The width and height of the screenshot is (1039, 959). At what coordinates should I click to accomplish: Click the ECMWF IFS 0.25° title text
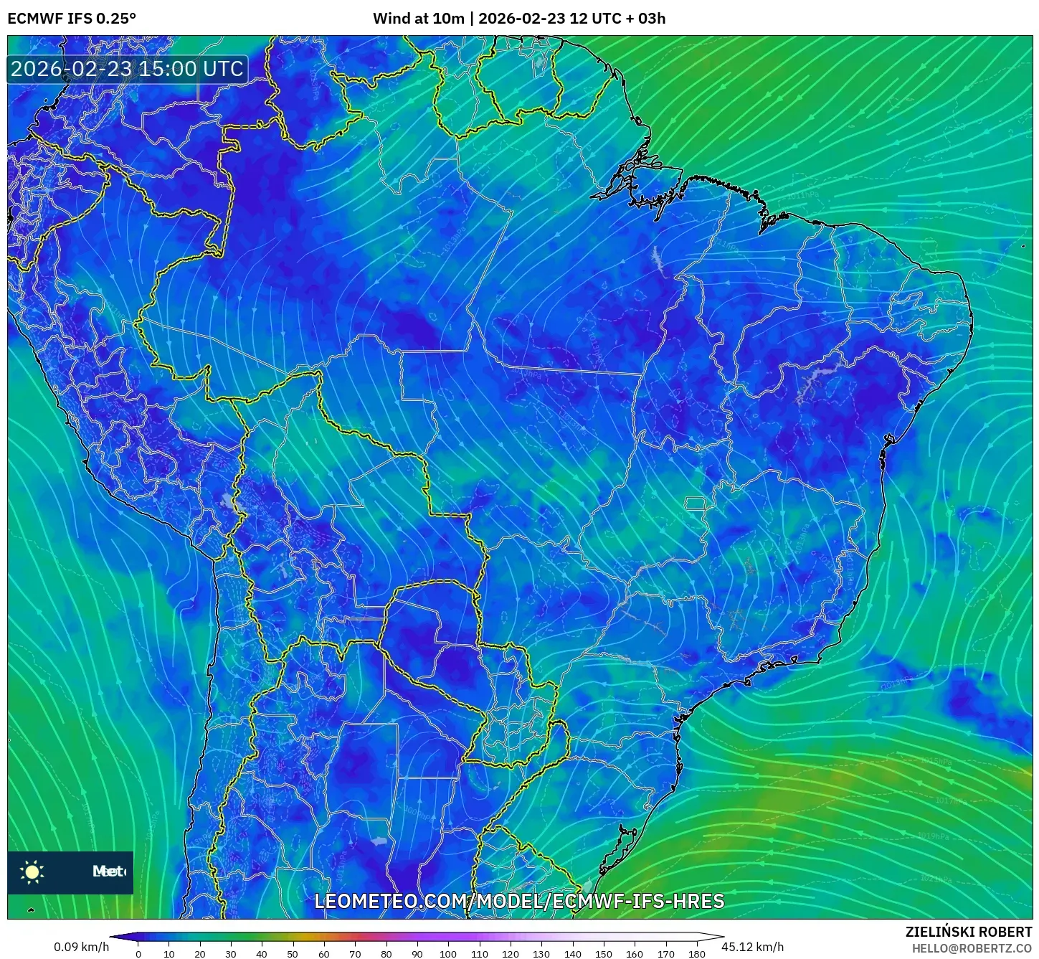pos(71,19)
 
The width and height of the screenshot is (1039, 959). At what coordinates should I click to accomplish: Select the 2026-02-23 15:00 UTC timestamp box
pos(127,69)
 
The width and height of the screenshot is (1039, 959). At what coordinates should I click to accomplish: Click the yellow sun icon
pos(32,871)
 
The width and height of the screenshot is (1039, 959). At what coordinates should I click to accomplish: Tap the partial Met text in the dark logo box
pos(108,871)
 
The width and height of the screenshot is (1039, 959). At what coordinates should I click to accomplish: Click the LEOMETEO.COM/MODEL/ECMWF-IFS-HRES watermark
pos(519,901)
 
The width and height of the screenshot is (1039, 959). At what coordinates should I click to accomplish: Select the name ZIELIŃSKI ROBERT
pos(968,932)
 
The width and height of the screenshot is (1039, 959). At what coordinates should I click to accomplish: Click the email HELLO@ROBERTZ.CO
pos(972,948)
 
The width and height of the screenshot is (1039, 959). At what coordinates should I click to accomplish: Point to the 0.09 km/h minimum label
pos(81,947)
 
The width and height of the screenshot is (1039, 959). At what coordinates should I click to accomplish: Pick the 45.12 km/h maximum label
pos(752,947)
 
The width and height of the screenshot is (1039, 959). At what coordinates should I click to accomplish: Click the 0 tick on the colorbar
pos(138,954)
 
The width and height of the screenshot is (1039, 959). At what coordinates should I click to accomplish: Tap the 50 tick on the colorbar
pos(293,954)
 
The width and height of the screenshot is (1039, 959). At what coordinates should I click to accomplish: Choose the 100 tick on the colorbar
pos(447,954)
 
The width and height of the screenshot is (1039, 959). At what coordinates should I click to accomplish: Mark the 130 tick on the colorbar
pos(541,954)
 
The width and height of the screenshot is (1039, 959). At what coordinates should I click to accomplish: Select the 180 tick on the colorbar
pos(696,954)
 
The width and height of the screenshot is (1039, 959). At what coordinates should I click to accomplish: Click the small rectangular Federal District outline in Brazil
pos(694,504)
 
